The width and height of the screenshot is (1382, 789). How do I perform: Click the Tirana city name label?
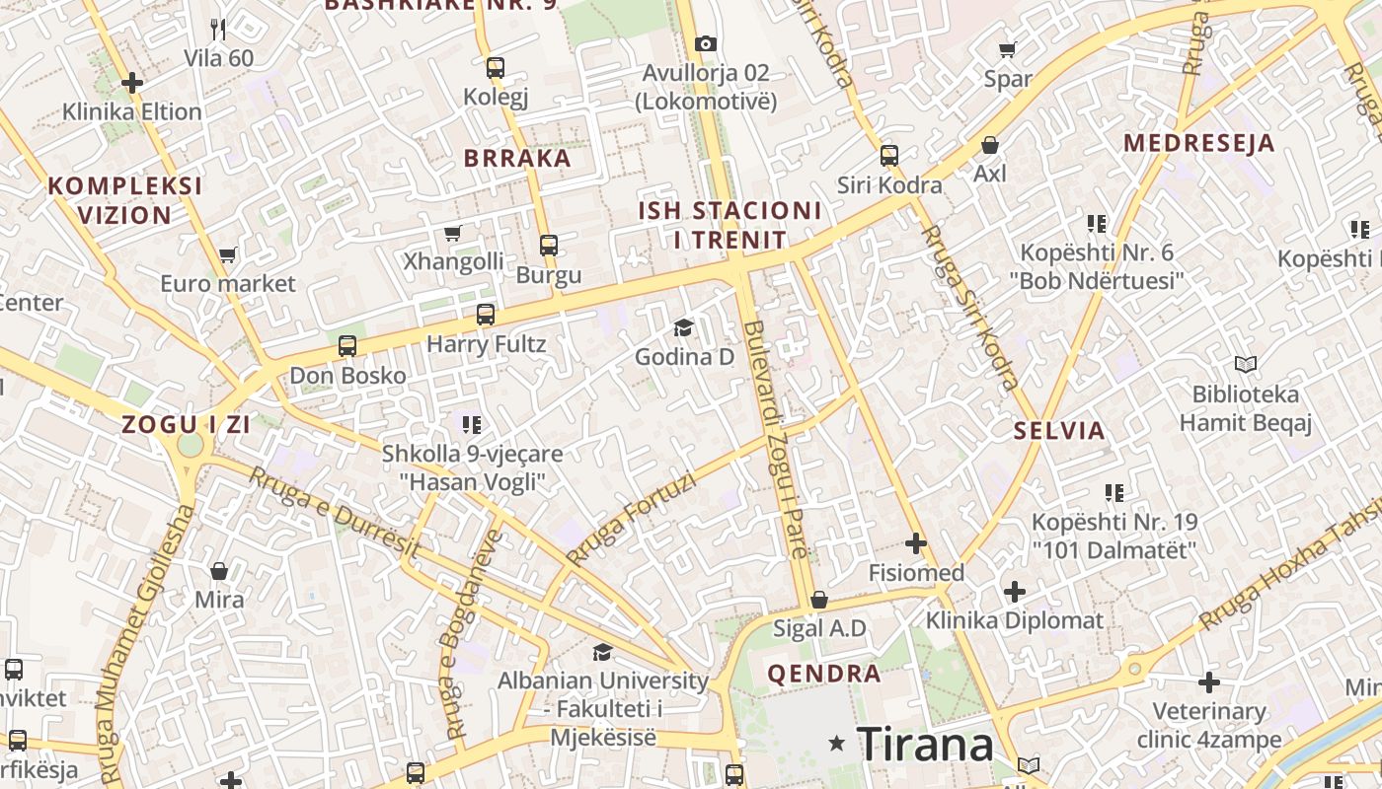[x=925, y=744]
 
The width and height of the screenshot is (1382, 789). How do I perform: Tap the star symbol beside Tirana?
[x=837, y=743]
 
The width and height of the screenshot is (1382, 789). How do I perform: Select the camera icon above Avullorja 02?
[x=705, y=43]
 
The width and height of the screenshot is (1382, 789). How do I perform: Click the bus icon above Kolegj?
[x=496, y=68]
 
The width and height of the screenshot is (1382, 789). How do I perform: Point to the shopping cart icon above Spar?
[x=1008, y=49]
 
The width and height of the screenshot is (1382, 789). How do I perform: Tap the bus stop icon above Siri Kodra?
[x=889, y=155]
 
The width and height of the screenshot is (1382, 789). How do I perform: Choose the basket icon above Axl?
[x=990, y=145]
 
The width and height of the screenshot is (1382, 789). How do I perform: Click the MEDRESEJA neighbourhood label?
[x=1198, y=143]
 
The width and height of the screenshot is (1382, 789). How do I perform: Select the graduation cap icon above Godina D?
[x=683, y=327]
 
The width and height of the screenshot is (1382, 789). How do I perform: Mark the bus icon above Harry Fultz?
[x=486, y=315]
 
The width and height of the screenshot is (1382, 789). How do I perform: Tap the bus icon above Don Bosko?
[x=347, y=346]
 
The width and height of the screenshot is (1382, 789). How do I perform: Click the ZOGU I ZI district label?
[x=186, y=425]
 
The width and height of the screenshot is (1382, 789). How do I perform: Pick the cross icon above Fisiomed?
[x=916, y=543]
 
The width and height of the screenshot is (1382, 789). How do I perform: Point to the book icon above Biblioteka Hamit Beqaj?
[x=1246, y=365]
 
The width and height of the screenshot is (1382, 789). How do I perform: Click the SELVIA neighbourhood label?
[x=1059, y=430]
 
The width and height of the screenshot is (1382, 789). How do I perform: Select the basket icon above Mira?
[x=219, y=571]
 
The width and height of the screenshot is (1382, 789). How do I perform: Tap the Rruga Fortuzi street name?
[x=632, y=519]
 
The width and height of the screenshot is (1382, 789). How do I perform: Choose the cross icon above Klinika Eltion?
[x=132, y=83]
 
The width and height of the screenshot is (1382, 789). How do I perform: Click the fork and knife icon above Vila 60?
[x=219, y=30]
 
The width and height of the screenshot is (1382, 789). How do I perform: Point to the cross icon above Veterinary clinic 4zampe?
[x=1209, y=682]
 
